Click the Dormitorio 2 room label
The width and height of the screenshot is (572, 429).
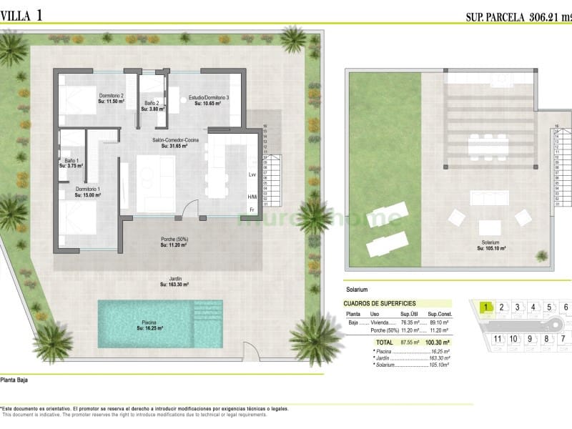112,96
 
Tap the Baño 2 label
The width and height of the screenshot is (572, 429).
151,104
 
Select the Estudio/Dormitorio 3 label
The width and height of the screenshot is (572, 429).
209,97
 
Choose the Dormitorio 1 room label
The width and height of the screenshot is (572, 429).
88,189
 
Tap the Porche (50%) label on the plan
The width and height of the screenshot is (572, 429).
174,239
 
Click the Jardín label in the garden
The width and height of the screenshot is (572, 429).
174,279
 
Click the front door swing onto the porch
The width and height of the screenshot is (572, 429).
187,209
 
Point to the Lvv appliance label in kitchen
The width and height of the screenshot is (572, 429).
252,175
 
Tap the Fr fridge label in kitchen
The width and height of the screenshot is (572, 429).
252,210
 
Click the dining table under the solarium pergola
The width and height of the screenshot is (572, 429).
488,146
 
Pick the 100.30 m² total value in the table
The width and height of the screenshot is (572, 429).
436,342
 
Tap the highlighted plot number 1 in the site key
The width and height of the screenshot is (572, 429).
486,307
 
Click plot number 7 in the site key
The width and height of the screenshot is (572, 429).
563,338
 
